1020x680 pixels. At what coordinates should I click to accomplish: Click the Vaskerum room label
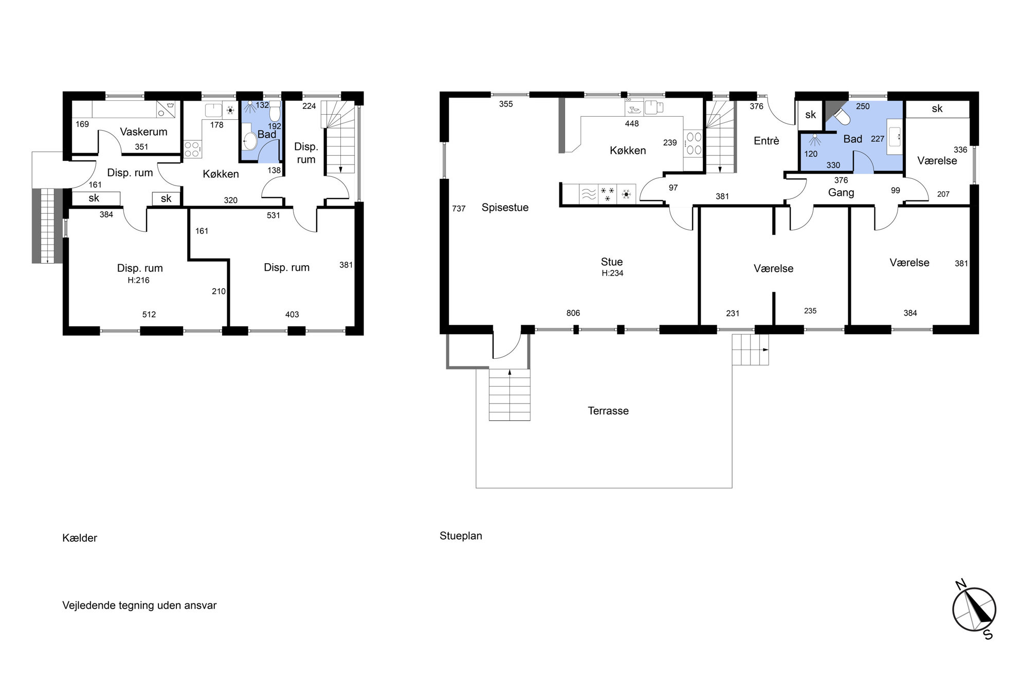[143, 132]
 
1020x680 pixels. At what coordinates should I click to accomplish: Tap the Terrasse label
[608, 411]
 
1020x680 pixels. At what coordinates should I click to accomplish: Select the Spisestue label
[505, 208]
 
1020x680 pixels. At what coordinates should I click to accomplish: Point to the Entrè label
[767, 141]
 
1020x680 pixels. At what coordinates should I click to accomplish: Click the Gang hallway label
[841, 193]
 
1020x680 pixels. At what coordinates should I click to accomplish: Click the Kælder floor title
[80, 538]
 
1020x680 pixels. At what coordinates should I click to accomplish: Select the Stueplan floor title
[461, 536]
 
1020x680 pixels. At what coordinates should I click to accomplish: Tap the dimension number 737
[459, 209]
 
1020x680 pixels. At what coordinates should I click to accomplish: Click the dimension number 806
[573, 313]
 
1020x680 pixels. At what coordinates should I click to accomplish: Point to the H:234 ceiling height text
[612, 273]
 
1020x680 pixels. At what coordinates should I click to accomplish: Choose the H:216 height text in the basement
[139, 280]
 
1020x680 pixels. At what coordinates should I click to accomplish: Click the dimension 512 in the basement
[149, 315]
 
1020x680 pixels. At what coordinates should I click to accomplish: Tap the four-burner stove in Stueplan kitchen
[694, 143]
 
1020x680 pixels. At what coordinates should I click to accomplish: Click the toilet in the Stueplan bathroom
[841, 116]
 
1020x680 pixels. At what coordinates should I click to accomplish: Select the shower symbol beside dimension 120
[815, 139]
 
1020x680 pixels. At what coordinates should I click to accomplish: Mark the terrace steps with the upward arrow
[509, 395]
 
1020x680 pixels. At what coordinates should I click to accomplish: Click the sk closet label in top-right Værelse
[937, 108]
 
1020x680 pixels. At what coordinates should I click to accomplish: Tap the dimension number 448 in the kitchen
[632, 124]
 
